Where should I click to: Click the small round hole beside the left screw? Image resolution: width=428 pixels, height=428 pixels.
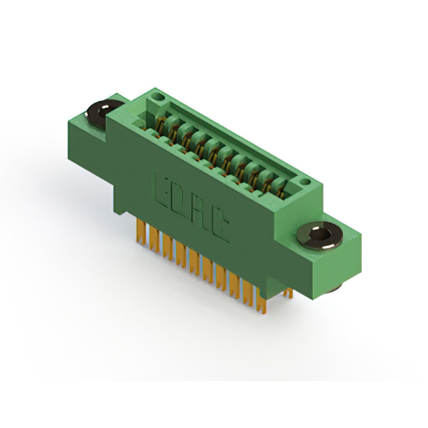pos(158,98)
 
